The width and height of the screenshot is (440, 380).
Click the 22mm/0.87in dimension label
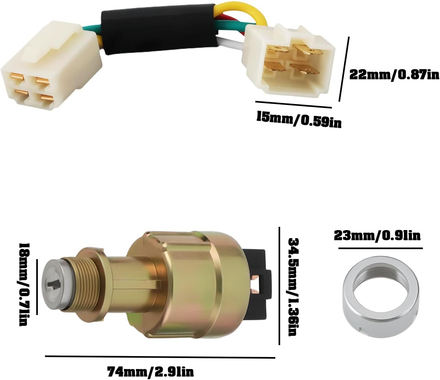pyautogui.click(x=394, y=75)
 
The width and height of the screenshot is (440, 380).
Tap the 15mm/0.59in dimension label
pyautogui.click(x=299, y=119)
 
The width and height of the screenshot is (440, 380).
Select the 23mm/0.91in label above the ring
pyautogui.click(x=377, y=235)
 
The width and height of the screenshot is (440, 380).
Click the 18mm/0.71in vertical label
pyautogui.click(x=23, y=284)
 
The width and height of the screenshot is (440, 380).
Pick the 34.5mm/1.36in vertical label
pyautogui.click(x=292, y=286)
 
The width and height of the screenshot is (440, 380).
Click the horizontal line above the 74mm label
pyautogui.click(x=160, y=357)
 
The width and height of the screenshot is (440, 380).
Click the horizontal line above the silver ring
pyautogui.click(x=380, y=248)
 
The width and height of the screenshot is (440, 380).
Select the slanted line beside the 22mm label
pyautogui.click(x=344, y=69)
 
